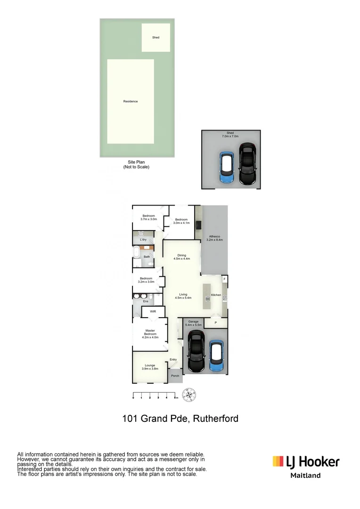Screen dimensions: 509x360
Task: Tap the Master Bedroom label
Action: click(x=150, y=334)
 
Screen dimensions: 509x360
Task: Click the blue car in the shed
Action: click(x=227, y=168)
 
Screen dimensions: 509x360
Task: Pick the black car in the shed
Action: click(x=247, y=164)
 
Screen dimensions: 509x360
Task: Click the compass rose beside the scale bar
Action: click(x=189, y=394)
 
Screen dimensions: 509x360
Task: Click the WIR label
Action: click(x=153, y=312)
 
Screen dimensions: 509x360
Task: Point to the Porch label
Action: click(x=175, y=376)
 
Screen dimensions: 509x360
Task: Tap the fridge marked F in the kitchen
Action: click(x=224, y=279)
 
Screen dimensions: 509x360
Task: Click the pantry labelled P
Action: click(x=215, y=323)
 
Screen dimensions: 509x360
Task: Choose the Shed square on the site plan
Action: click(x=156, y=37)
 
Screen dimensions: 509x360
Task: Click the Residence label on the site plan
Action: click(x=131, y=101)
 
